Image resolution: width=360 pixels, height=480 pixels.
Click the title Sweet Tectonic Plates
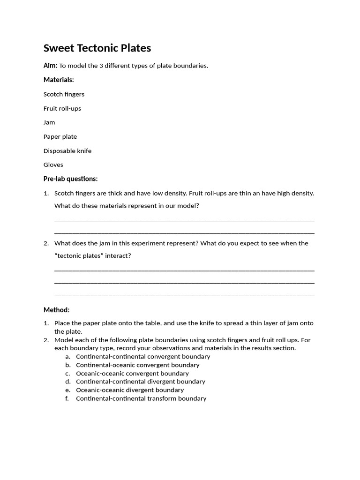pos(97,48)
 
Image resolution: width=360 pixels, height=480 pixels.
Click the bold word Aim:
pos(51,66)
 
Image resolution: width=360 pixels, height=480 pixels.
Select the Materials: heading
pos(59,80)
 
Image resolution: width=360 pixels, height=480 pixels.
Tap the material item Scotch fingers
pos(64,94)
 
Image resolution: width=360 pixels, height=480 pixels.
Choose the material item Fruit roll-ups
pos(62,108)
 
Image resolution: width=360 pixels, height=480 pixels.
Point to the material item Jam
pos(49,122)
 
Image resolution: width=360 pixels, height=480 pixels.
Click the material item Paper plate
pos(60,136)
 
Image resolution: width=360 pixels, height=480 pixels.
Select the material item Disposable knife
pos(67,151)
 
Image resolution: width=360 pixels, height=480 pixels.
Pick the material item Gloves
pos(53,165)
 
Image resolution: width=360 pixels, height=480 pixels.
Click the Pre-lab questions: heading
pos(70,179)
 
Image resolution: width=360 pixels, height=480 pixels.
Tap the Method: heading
pos(56,310)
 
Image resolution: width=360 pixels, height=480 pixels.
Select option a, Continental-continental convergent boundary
pos(143,356)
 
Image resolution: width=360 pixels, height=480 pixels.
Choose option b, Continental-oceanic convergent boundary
pos(137,365)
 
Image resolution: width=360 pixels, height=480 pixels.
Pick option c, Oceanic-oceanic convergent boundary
pos(132,374)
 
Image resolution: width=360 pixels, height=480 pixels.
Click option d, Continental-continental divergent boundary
pos(141,382)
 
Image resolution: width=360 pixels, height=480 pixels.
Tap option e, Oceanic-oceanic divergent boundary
pos(130,390)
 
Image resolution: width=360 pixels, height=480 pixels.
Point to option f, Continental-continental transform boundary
pos(141,398)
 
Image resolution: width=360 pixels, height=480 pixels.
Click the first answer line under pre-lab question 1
pos(184,220)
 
